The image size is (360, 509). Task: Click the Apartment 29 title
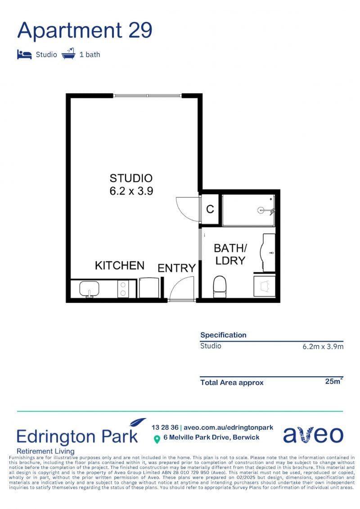coord(85,31)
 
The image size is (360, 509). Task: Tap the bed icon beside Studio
coord(24,54)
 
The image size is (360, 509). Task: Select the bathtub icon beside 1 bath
coord(68,54)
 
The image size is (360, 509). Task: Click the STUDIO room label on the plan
coord(131,178)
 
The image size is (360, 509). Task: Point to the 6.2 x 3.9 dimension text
coord(131,191)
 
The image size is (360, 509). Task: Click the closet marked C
coord(210,209)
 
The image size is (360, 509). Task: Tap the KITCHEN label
coord(119,265)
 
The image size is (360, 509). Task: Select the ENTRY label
coord(176,268)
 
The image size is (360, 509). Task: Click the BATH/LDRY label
coord(230,254)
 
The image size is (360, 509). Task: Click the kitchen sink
coord(89,288)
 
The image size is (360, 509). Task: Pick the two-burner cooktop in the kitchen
coord(123,289)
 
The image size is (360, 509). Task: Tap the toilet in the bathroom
coord(220,287)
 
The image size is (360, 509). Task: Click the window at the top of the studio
coord(148,96)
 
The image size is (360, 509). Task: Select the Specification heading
coord(223,335)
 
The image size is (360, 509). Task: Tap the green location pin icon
coord(157,439)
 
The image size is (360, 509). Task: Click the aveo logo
coord(313,435)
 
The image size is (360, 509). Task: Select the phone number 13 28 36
coord(165,428)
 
